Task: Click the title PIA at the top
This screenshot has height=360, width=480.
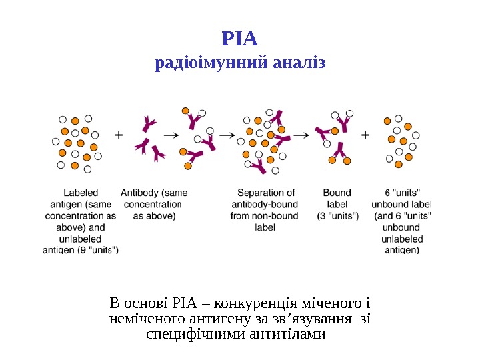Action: (239, 39)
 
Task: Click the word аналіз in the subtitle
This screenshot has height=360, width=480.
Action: (299, 64)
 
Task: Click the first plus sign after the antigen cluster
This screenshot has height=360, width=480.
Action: (119, 135)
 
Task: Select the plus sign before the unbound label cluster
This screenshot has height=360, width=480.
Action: (365, 135)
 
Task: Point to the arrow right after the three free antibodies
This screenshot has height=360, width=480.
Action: (171, 135)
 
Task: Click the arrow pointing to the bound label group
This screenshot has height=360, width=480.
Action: (301, 135)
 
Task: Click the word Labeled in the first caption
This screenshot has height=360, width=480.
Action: (80, 193)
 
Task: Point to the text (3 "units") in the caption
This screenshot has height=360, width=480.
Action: (337, 216)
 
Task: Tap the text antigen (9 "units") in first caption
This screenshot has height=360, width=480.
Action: (81, 251)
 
